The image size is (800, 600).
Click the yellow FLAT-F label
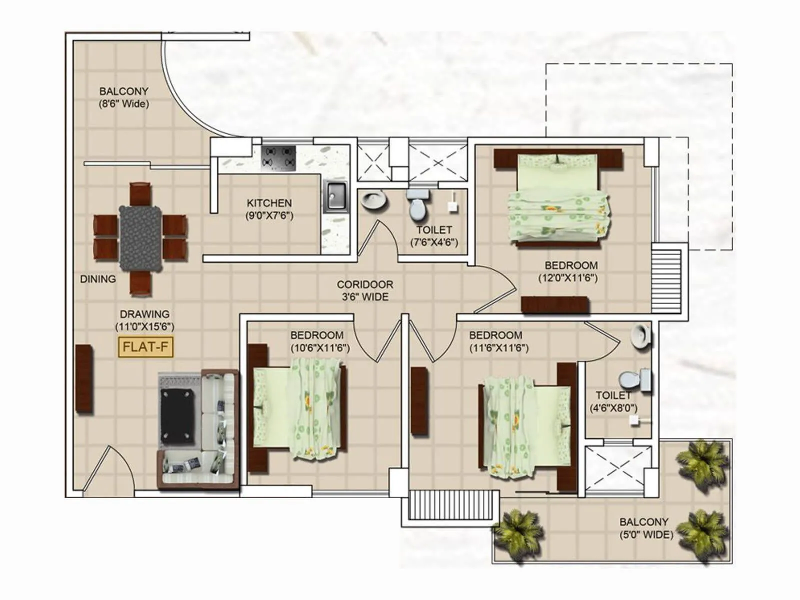(x=145, y=347)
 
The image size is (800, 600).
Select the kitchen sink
(x=336, y=196)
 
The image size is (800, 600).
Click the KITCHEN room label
(x=269, y=203)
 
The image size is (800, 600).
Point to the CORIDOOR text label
(x=364, y=284)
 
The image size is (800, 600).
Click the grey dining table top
(x=140, y=238)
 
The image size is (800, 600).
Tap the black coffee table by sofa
(x=177, y=417)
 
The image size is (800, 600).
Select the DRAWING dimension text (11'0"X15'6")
(x=144, y=327)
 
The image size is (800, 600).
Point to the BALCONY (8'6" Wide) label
(x=123, y=97)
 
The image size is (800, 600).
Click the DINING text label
(x=98, y=279)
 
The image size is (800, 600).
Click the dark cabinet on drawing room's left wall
(x=84, y=378)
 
